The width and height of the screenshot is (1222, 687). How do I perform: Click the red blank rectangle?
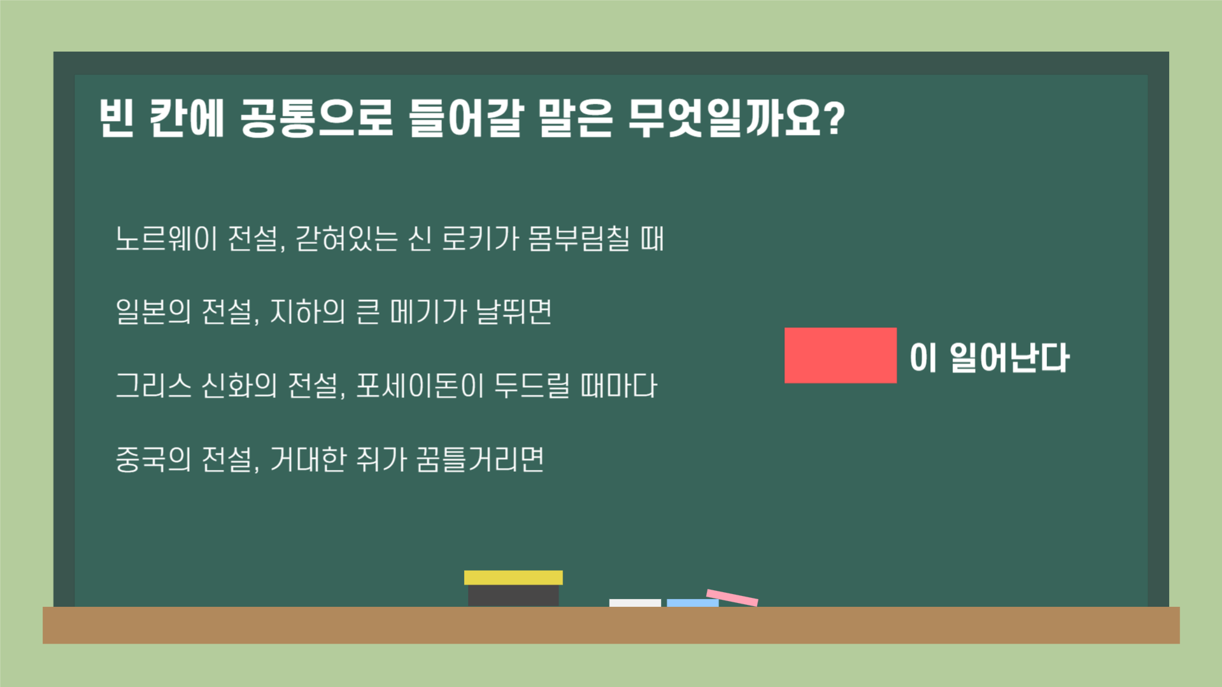840,355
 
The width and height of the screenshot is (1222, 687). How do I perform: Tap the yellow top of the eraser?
513,577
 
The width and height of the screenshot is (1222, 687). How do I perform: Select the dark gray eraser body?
513,596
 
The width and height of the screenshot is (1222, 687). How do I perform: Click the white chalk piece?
634,602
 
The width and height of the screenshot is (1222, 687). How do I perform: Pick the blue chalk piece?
692,602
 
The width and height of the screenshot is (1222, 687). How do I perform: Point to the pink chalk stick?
732,598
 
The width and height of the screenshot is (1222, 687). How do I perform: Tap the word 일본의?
153,313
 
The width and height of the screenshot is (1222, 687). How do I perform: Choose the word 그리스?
153,386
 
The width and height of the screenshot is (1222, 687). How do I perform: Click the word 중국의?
153,460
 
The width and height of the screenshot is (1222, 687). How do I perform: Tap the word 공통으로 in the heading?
316,118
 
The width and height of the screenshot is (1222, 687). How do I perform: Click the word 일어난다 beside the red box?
1009,358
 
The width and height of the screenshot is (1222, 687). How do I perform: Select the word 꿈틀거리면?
480,460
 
